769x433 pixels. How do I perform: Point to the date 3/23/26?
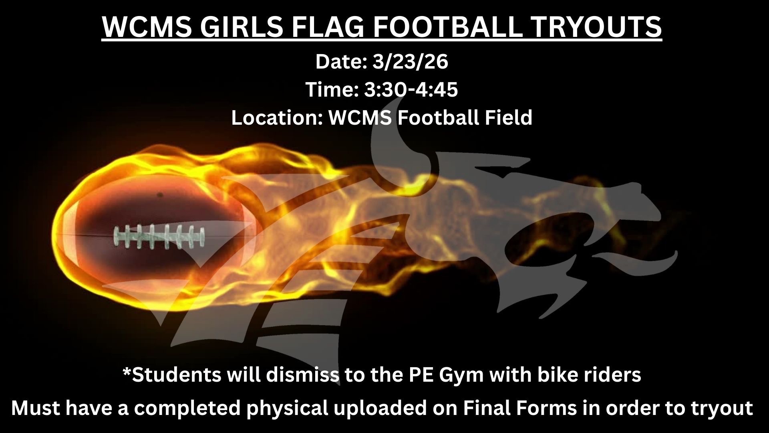(410, 62)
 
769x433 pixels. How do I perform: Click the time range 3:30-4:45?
(411, 89)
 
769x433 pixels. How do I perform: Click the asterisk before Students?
(127, 372)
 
